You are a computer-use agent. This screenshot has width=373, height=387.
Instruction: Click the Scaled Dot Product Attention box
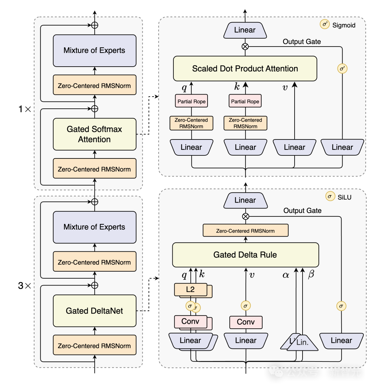point(245,69)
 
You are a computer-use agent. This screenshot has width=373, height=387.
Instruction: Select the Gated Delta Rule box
point(245,255)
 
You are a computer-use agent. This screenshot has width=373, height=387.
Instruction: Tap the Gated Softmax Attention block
point(94,134)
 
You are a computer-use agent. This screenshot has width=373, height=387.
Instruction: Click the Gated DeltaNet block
point(94,311)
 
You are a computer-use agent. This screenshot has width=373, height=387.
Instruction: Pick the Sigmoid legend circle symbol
point(325,25)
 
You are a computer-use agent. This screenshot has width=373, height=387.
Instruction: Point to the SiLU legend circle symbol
point(330,196)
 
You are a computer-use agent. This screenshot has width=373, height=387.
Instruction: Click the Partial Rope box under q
point(191,101)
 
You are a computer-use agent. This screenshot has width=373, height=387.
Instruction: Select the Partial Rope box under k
point(245,101)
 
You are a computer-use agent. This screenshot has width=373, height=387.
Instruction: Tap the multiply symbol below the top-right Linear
point(245,46)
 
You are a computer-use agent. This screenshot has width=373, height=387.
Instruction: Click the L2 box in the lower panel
point(190,290)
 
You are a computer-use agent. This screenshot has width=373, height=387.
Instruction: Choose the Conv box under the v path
point(246,322)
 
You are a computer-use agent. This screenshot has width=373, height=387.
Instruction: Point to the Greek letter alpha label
point(286,275)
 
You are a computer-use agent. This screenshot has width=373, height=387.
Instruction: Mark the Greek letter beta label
point(311,275)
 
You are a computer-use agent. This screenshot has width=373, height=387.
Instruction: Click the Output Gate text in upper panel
point(302,42)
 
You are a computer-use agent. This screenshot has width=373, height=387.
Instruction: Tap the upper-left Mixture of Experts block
point(94,50)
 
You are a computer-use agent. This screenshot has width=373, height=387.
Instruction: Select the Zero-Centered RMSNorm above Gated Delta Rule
point(245,231)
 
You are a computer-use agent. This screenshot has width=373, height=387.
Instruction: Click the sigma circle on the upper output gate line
point(342,69)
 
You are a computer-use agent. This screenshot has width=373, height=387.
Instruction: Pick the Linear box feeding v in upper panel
point(294,147)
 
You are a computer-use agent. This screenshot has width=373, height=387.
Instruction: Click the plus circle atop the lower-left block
point(94,202)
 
